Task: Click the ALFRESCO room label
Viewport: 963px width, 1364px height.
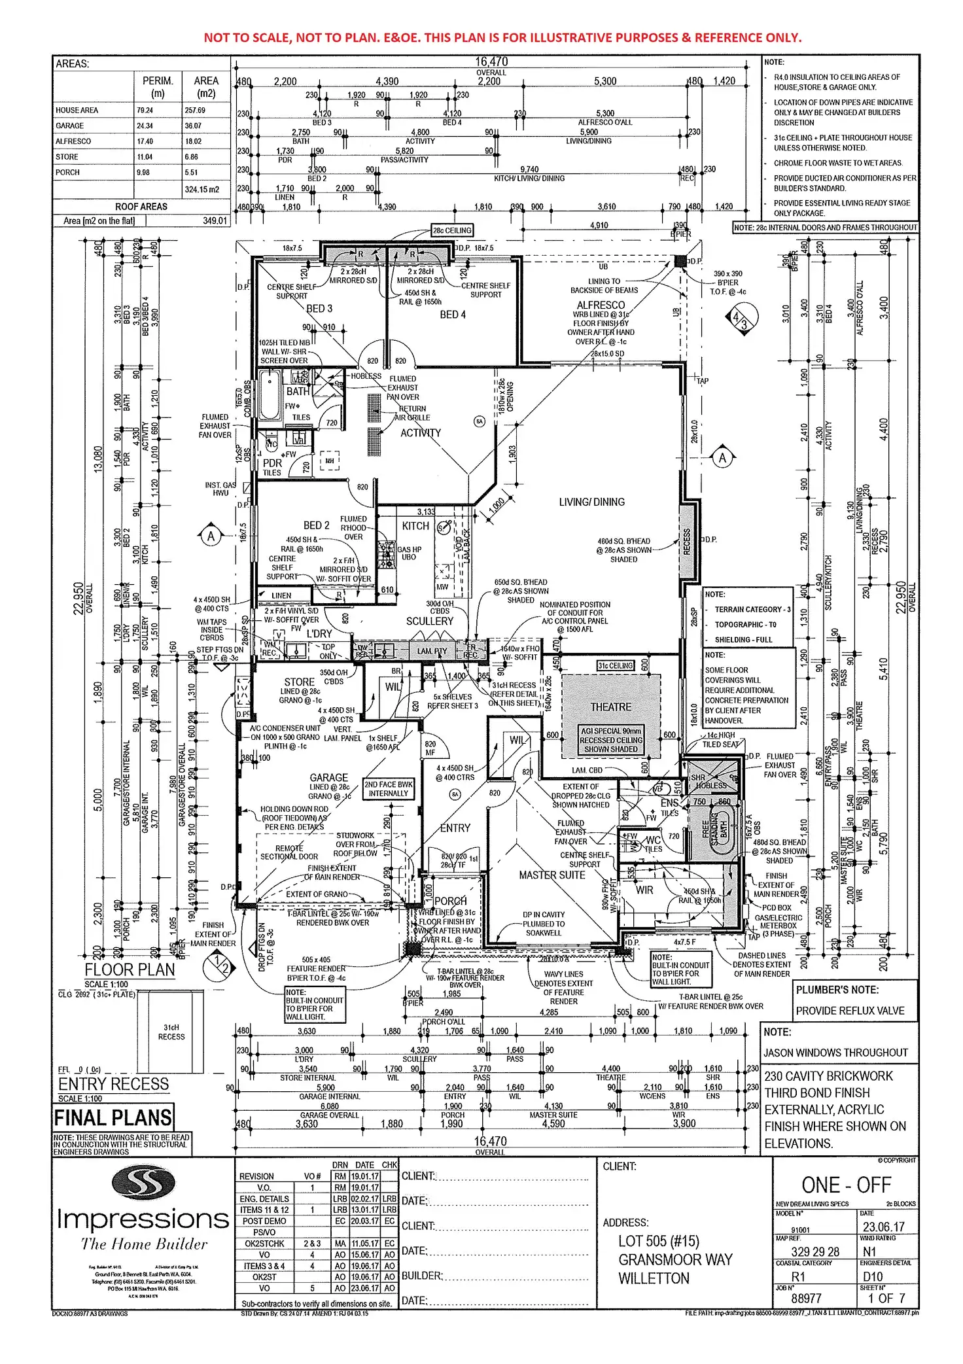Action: coord(601,305)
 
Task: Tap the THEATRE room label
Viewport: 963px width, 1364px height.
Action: coord(611,707)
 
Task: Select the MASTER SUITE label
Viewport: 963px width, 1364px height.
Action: coord(552,875)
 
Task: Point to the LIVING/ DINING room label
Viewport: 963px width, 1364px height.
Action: coord(591,502)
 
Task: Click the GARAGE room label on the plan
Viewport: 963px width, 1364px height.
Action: coord(328,777)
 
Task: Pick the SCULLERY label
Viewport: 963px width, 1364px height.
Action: coord(429,621)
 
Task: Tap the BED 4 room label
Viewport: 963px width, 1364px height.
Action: coord(453,315)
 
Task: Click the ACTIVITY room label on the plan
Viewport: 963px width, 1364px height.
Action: coord(421,432)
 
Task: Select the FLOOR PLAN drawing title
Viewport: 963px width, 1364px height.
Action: coord(130,970)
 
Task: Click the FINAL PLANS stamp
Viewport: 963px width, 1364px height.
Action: coord(113,1117)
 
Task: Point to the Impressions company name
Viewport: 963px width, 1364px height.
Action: coord(143,1219)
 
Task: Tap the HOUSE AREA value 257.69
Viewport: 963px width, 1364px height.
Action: coord(195,111)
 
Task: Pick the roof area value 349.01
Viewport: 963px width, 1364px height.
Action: coord(215,221)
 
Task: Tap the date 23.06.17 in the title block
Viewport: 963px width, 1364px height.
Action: coord(883,1227)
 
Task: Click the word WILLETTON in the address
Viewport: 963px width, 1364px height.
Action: coord(654,1278)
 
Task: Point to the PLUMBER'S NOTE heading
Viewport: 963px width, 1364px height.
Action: coord(837,990)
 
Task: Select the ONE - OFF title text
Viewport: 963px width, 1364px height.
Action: coord(846,1185)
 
